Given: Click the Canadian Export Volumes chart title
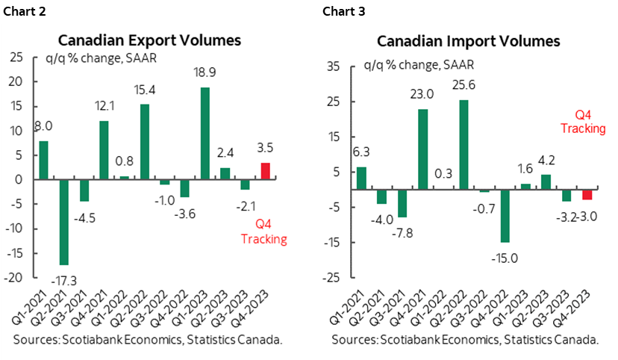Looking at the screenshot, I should click(149, 40).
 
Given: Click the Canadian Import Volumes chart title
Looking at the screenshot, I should click(468, 41).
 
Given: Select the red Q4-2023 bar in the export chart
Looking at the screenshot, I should click(265, 171).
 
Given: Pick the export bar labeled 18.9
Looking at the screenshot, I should click(205, 134).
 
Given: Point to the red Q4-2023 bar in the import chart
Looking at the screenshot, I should click(587, 195).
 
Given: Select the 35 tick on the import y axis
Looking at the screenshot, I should click(333, 67).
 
